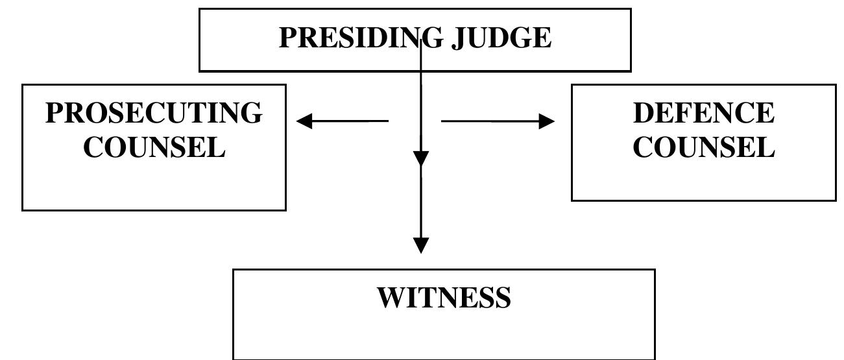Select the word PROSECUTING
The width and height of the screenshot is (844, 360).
(154, 113)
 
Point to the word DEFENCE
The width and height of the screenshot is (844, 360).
(703, 113)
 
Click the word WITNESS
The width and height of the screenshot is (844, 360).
(444, 297)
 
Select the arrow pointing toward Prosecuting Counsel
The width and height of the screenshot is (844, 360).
(343, 121)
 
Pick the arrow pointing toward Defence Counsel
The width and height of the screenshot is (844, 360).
(498, 121)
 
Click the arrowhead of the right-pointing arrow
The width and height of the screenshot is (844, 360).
(547, 121)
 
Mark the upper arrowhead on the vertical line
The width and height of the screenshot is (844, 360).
(421, 158)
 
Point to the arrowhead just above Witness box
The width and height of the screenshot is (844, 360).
(421, 245)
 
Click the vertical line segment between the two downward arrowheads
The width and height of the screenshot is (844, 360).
(421, 201)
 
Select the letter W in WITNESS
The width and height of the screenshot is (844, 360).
(392, 297)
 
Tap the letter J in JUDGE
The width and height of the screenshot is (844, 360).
(459, 38)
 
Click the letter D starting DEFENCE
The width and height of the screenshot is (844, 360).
(644, 113)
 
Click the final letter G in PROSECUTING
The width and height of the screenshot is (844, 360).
(251, 113)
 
